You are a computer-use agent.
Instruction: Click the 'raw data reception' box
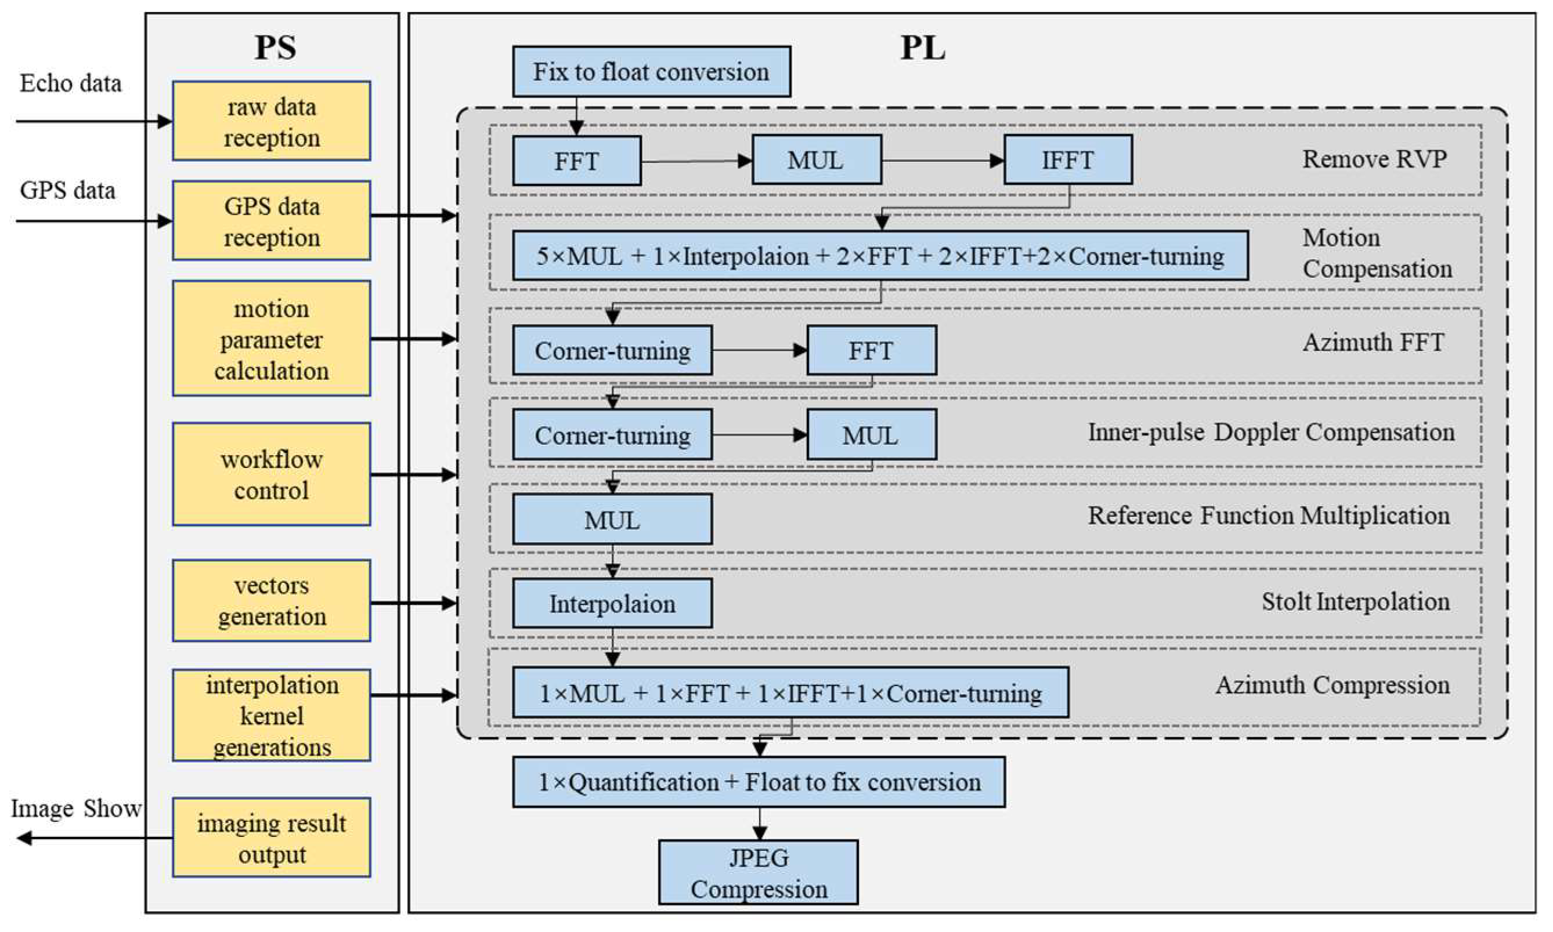[272, 121]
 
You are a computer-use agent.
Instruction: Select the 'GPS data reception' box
[272, 221]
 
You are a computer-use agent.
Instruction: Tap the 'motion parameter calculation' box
[272, 339]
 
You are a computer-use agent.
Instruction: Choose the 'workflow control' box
[272, 474]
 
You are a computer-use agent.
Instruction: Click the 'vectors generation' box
[272, 600]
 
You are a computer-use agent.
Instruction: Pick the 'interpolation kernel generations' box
[272, 715]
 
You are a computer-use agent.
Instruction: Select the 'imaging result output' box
[272, 838]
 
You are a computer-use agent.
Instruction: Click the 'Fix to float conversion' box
[652, 71]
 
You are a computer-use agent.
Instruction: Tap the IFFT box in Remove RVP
[1068, 160]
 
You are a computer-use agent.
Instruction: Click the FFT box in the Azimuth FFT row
[871, 350]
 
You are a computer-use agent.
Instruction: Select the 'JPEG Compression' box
[759, 873]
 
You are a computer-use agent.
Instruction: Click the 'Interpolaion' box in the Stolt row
[612, 604]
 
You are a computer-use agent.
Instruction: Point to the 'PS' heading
[275, 48]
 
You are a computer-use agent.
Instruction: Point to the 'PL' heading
[922, 48]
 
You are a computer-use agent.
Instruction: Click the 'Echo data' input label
[70, 84]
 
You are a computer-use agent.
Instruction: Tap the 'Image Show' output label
[75, 808]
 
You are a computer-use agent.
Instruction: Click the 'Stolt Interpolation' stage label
[1355, 601]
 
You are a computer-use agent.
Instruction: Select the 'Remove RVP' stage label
[1374, 159]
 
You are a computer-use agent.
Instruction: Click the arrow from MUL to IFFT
[942, 161]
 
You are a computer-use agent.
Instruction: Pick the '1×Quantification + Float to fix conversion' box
[759, 782]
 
